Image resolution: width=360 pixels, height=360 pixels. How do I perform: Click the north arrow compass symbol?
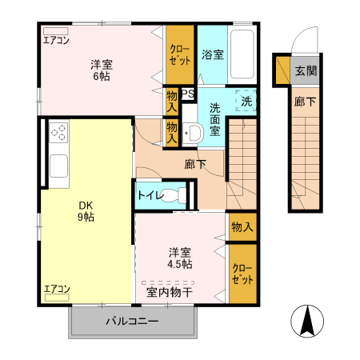[x=308, y=322]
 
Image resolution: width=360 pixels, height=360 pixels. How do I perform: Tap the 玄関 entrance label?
[x=305, y=70]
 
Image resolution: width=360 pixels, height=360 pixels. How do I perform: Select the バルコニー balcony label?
[x=133, y=322]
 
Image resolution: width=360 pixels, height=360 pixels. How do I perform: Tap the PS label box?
[x=188, y=94]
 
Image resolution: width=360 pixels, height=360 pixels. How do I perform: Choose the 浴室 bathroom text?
[x=212, y=55]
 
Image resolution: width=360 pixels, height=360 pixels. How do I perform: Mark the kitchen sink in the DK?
[x=59, y=167]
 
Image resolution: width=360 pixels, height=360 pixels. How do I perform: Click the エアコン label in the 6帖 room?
[x=56, y=39]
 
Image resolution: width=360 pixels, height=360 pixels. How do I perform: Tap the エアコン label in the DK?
[x=56, y=289]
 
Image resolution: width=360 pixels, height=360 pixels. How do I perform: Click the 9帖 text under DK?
[x=85, y=217]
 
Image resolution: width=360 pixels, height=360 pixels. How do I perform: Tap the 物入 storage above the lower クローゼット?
[x=242, y=227]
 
